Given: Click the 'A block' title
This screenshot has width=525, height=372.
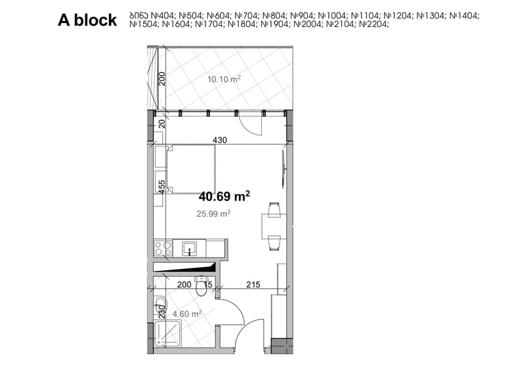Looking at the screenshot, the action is point(87,20).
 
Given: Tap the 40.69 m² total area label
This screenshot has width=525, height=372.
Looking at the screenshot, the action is point(224,197).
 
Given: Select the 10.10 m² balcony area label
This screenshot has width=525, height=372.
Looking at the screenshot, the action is point(224,79).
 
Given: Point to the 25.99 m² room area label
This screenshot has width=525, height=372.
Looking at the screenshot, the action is point(214,214).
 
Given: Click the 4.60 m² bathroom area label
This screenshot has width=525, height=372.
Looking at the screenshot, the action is point(187,314).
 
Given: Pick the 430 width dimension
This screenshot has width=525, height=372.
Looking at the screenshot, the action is point(220,140).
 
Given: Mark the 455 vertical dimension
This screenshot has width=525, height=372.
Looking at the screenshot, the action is point(161,187).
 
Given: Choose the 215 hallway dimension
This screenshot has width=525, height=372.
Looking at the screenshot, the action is point(253,285).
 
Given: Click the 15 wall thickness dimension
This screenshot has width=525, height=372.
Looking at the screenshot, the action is point(208,285).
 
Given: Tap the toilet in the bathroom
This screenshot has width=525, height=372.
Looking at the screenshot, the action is point(201,286).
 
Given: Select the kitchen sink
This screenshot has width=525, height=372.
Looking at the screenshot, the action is point(190,248).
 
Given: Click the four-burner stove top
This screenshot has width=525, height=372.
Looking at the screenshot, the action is point(163,248).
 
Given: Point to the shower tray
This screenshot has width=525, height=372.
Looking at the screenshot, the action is point(168,334).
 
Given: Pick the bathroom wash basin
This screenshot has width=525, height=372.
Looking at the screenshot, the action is point(159,305).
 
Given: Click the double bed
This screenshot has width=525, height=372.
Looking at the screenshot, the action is point(191,169).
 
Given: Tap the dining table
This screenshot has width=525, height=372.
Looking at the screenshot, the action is point(274,226).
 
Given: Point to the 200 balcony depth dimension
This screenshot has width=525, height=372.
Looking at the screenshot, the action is point(162,79).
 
